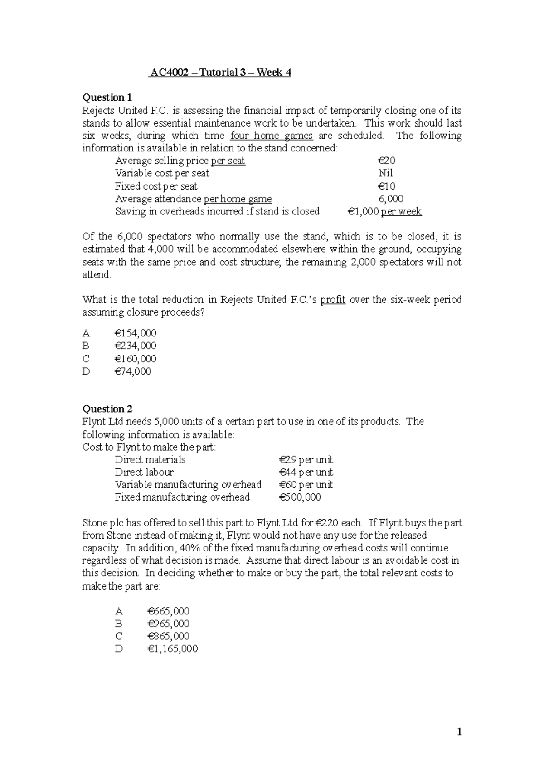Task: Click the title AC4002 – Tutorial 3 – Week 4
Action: coord(220,73)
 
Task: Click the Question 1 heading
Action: coord(107,97)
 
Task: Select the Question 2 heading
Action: coord(107,409)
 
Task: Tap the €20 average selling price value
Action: coord(387,161)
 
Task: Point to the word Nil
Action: coord(385,173)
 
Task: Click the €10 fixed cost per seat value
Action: coord(387,186)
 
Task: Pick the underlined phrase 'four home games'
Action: coord(272,136)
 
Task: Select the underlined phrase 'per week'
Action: coord(401,211)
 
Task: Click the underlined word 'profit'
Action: coord(333,300)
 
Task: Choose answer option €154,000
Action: coord(136,333)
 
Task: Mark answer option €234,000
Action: coord(136,346)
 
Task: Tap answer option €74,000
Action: coord(133,371)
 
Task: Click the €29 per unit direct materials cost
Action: coord(306,460)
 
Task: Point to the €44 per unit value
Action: coord(306,473)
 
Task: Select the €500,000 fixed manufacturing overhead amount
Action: coord(300,497)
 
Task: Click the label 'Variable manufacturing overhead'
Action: coord(188,485)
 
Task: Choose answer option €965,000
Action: coord(168,624)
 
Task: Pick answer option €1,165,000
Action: coord(172,649)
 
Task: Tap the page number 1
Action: coord(459,731)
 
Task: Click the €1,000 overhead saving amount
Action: coord(363,211)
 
